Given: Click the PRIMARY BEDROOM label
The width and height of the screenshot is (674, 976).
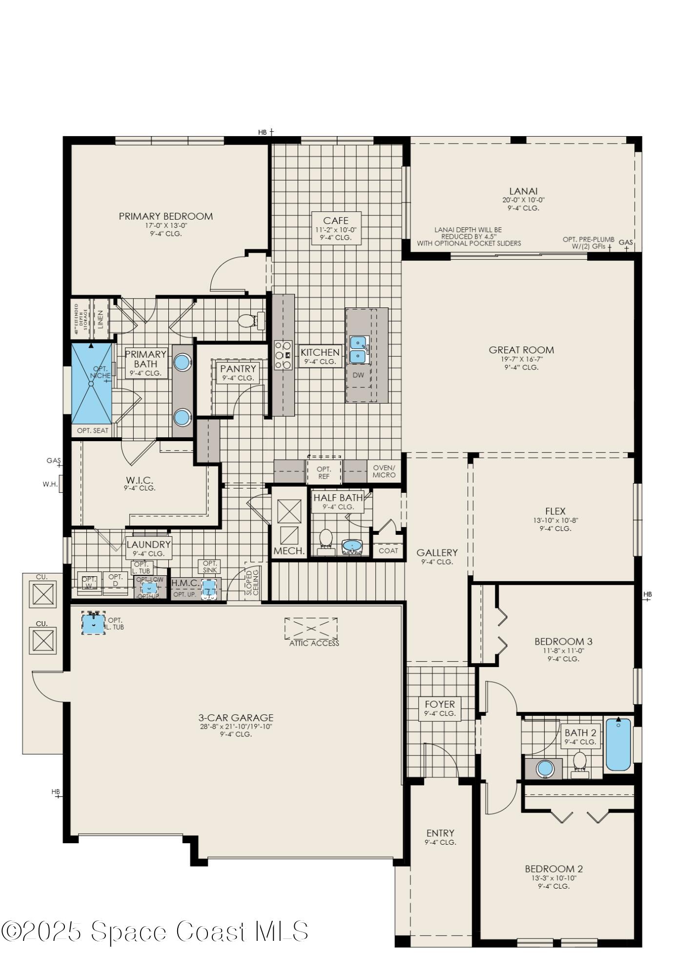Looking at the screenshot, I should (x=165, y=216).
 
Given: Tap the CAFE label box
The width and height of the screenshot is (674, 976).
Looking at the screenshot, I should (x=336, y=228).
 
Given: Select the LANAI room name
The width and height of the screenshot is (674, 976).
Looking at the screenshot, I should (x=523, y=191).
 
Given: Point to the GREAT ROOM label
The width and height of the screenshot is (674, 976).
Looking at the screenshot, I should (x=521, y=350).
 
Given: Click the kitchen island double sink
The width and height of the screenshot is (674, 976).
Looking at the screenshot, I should (x=359, y=349).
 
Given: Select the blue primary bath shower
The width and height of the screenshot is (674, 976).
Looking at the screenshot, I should (x=91, y=384).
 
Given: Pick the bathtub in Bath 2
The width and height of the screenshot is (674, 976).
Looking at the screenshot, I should (x=618, y=744).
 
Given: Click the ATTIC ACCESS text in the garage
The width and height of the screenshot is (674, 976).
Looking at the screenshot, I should (x=314, y=643).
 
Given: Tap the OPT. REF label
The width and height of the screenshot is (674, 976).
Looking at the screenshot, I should (x=324, y=473).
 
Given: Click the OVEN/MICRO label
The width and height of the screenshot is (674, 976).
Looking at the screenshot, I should (x=384, y=471).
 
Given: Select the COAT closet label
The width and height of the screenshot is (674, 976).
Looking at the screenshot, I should (x=388, y=550).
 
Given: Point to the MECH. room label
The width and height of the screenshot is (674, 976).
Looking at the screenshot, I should (x=289, y=551).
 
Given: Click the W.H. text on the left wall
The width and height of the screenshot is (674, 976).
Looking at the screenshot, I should (x=50, y=484).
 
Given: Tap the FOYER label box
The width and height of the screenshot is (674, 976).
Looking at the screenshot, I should (x=440, y=708).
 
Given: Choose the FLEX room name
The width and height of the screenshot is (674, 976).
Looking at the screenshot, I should (x=555, y=511).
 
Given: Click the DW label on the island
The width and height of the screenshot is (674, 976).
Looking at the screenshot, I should (x=358, y=375).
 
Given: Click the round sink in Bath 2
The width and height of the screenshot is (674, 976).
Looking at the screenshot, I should (x=545, y=769).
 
